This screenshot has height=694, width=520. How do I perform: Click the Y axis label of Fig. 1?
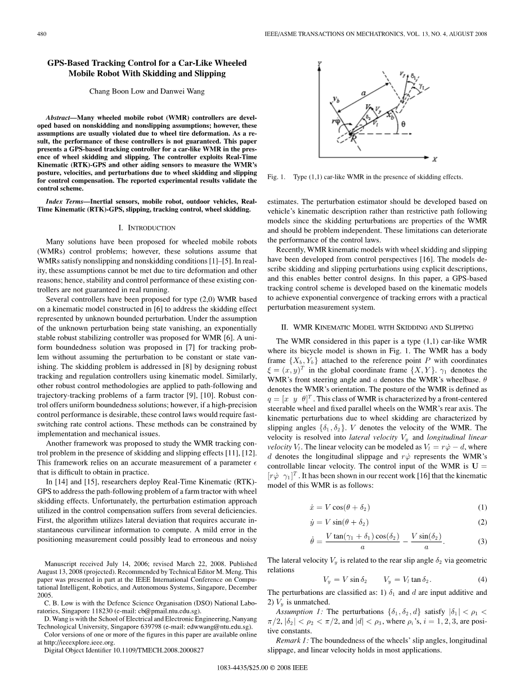(320, 64)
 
